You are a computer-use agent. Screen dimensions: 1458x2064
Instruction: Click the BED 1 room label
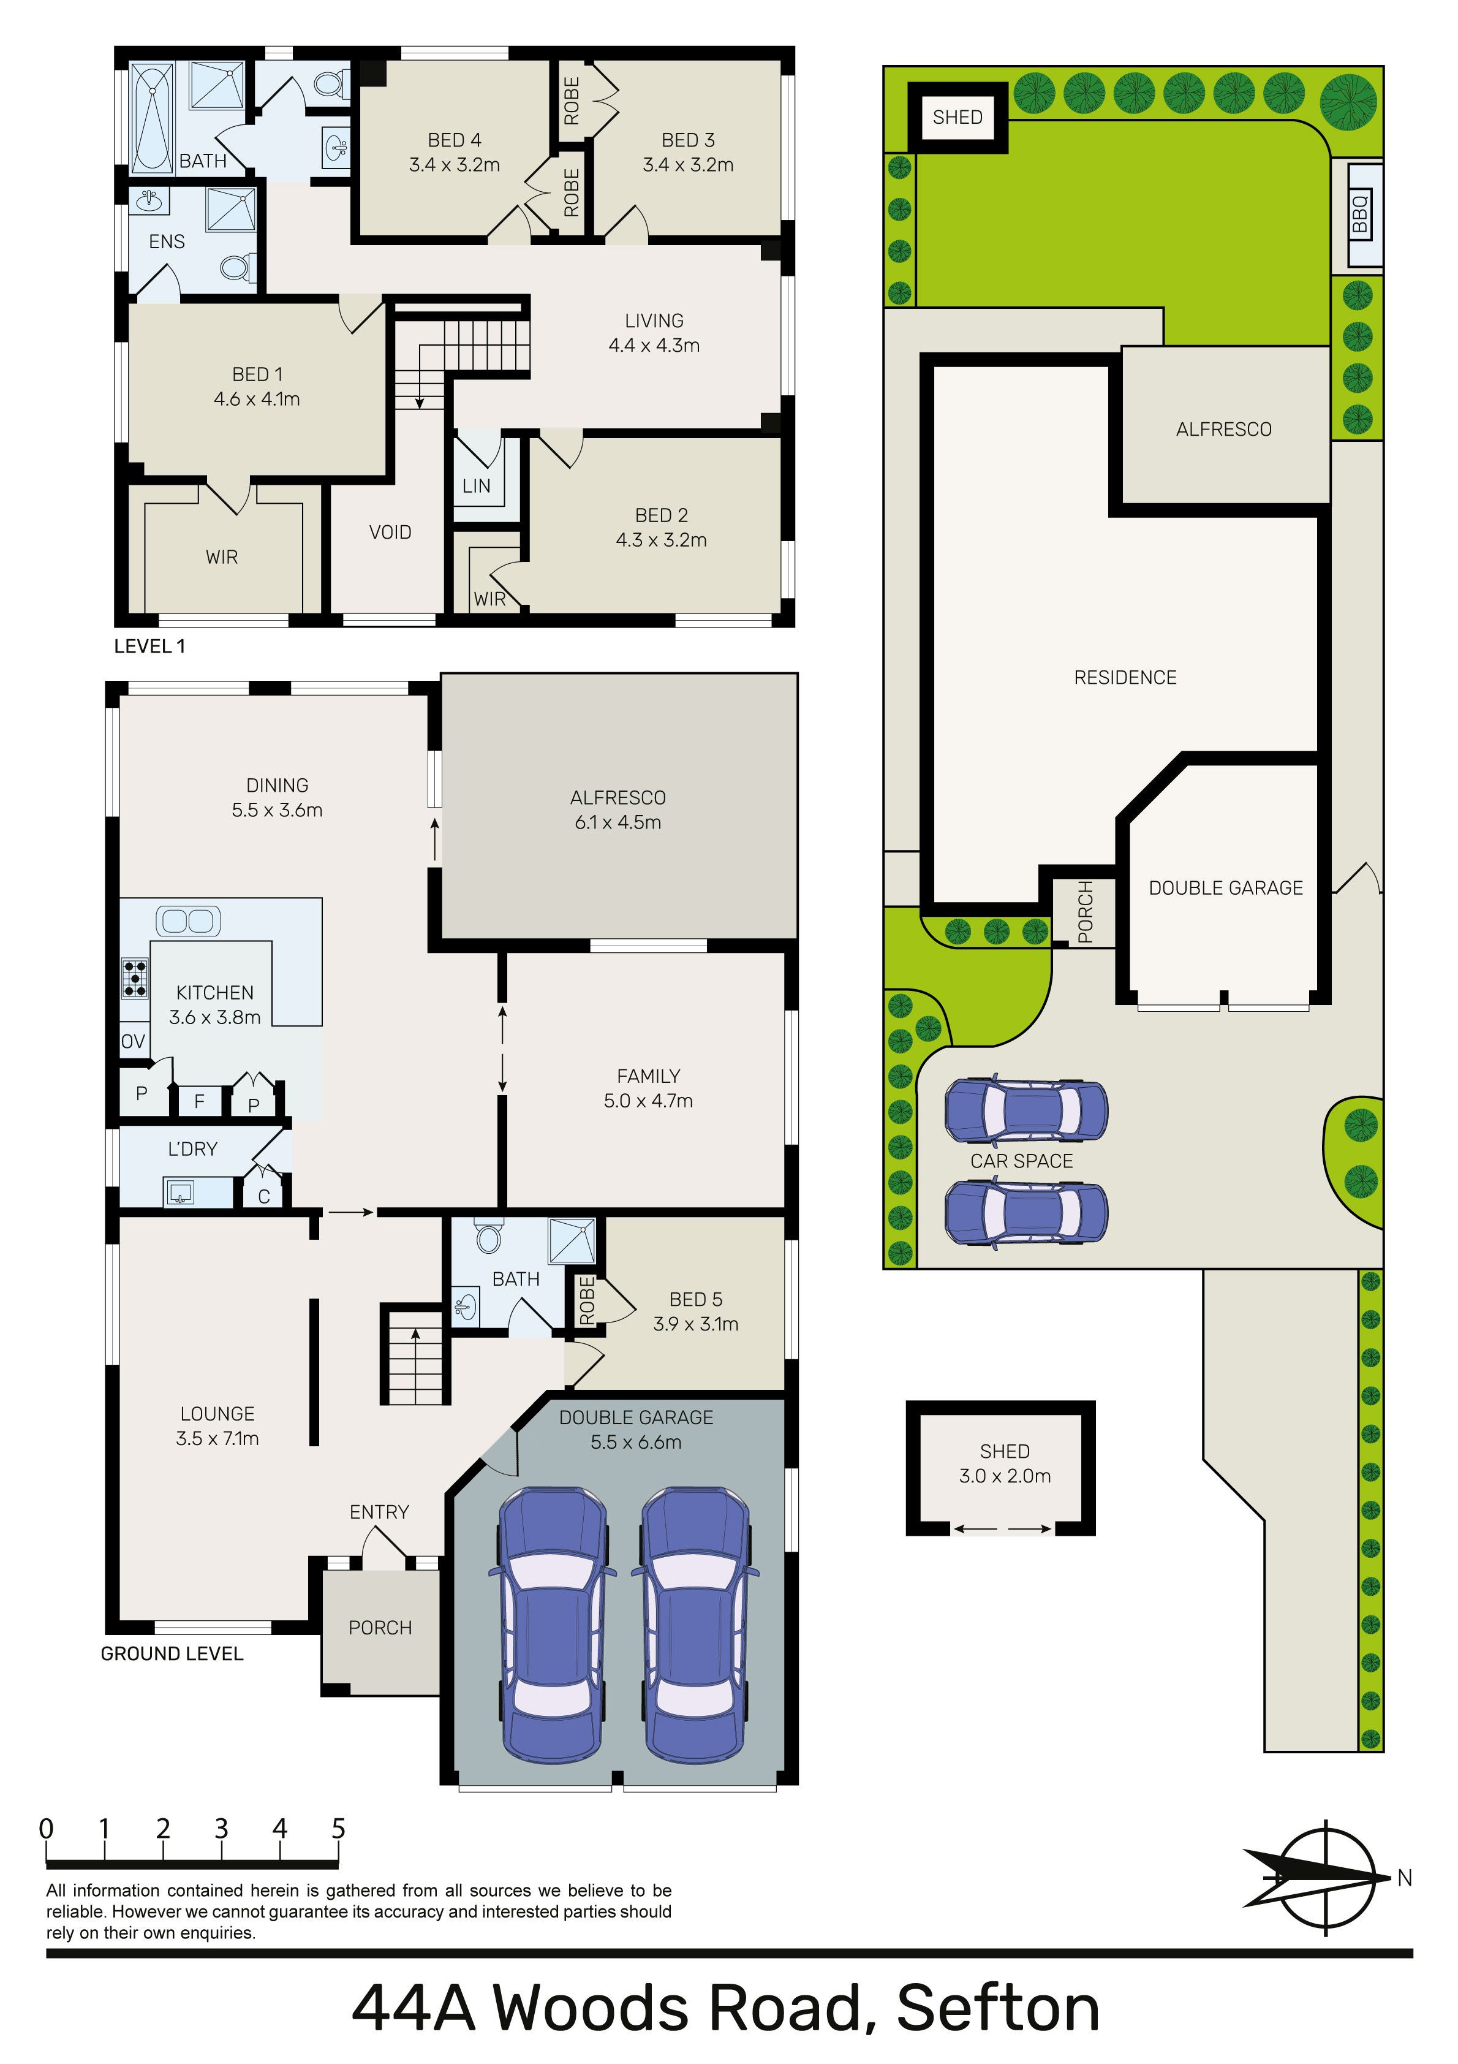[x=257, y=374]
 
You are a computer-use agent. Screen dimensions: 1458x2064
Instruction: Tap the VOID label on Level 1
[x=390, y=532]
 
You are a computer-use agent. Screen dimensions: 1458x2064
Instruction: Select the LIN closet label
[x=477, y=487]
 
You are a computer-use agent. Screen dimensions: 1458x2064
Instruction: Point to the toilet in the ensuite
[x=237, y=268]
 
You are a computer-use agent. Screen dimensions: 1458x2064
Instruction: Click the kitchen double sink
[x=188, y=920]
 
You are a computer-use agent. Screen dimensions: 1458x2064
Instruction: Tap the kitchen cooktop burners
[x=135, y=978]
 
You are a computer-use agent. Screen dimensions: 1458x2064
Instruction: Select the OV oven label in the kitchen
[x=133, y=1042]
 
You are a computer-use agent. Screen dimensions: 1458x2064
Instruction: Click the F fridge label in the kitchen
[x=200, y=1099]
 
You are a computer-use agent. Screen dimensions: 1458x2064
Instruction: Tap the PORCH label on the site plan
[x=1085, y=912]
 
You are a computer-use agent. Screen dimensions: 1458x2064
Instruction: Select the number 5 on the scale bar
[x=338, y=1829]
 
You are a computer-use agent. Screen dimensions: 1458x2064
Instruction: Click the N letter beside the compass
[x=1405, y=1878]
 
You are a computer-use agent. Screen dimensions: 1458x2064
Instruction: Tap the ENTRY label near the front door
[x=379, y=1512]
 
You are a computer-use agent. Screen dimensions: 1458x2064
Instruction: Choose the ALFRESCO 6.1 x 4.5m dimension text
[x=619, y=822]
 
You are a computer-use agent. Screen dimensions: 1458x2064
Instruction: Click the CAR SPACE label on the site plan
[x=1021, y=1161]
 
